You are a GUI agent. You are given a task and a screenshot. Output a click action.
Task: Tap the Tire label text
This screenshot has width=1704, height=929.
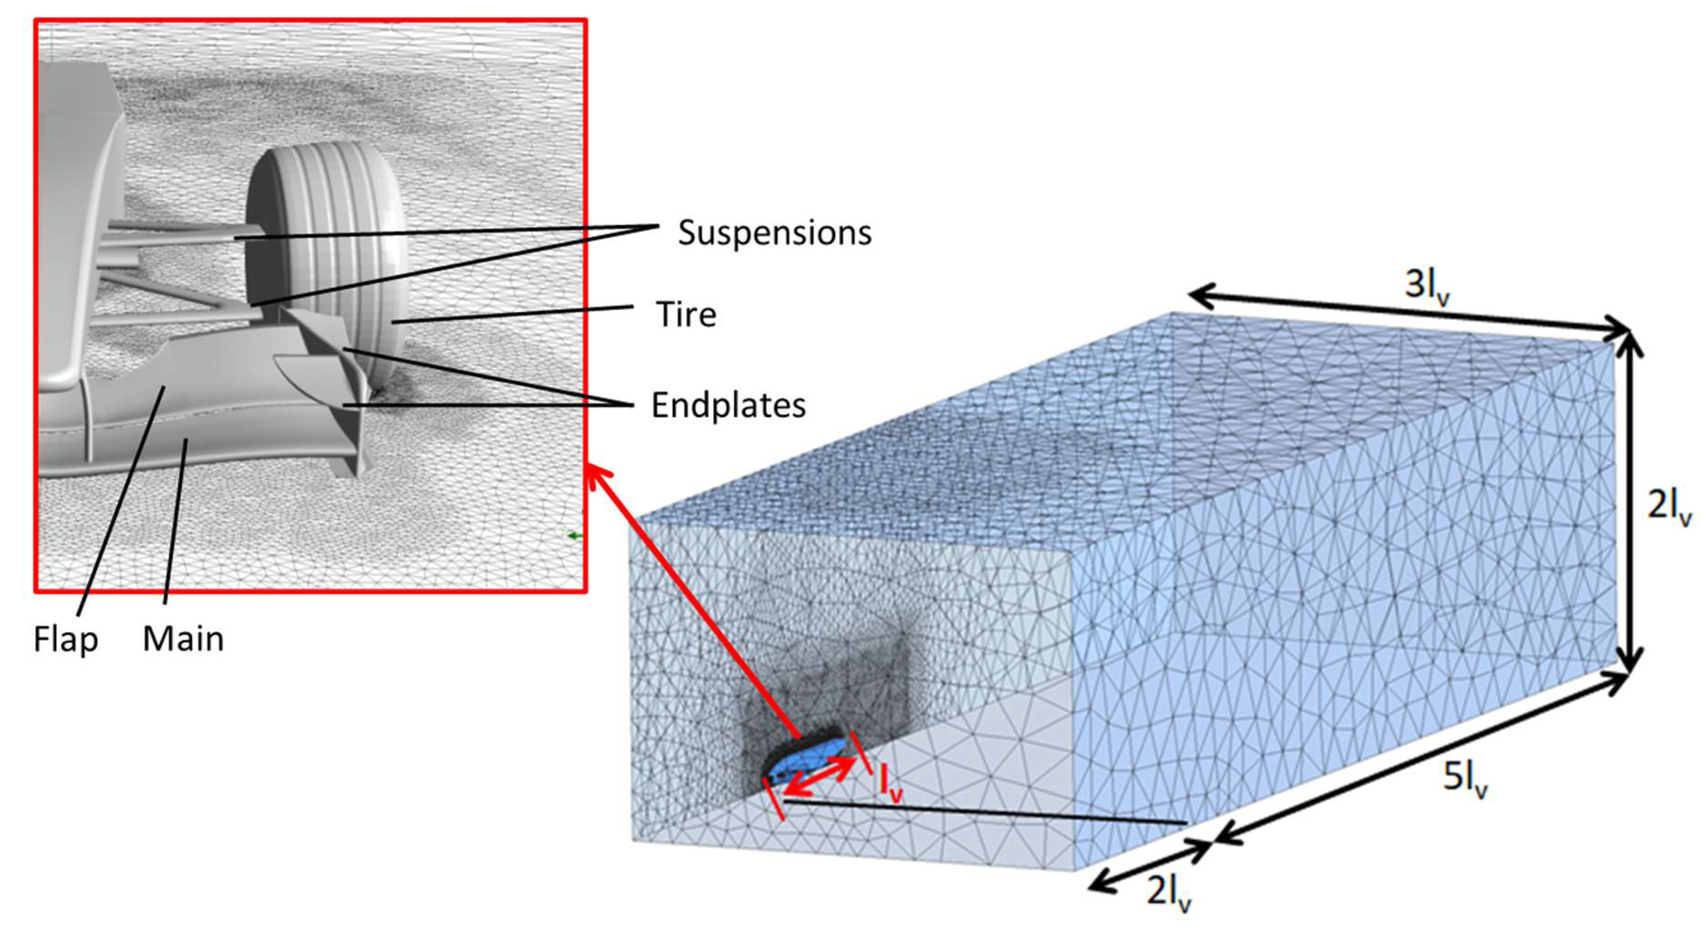tap(686, 315)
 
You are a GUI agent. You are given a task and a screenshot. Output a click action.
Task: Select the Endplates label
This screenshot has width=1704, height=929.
tap(728, 405)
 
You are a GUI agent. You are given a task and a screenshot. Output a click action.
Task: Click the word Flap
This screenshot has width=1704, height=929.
tap(66, 639)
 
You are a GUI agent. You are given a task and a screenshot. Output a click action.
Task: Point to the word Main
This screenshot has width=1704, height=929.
tap(183, 639)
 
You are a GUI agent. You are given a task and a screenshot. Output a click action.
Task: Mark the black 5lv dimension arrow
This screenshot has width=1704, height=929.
tap(1422, 757)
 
